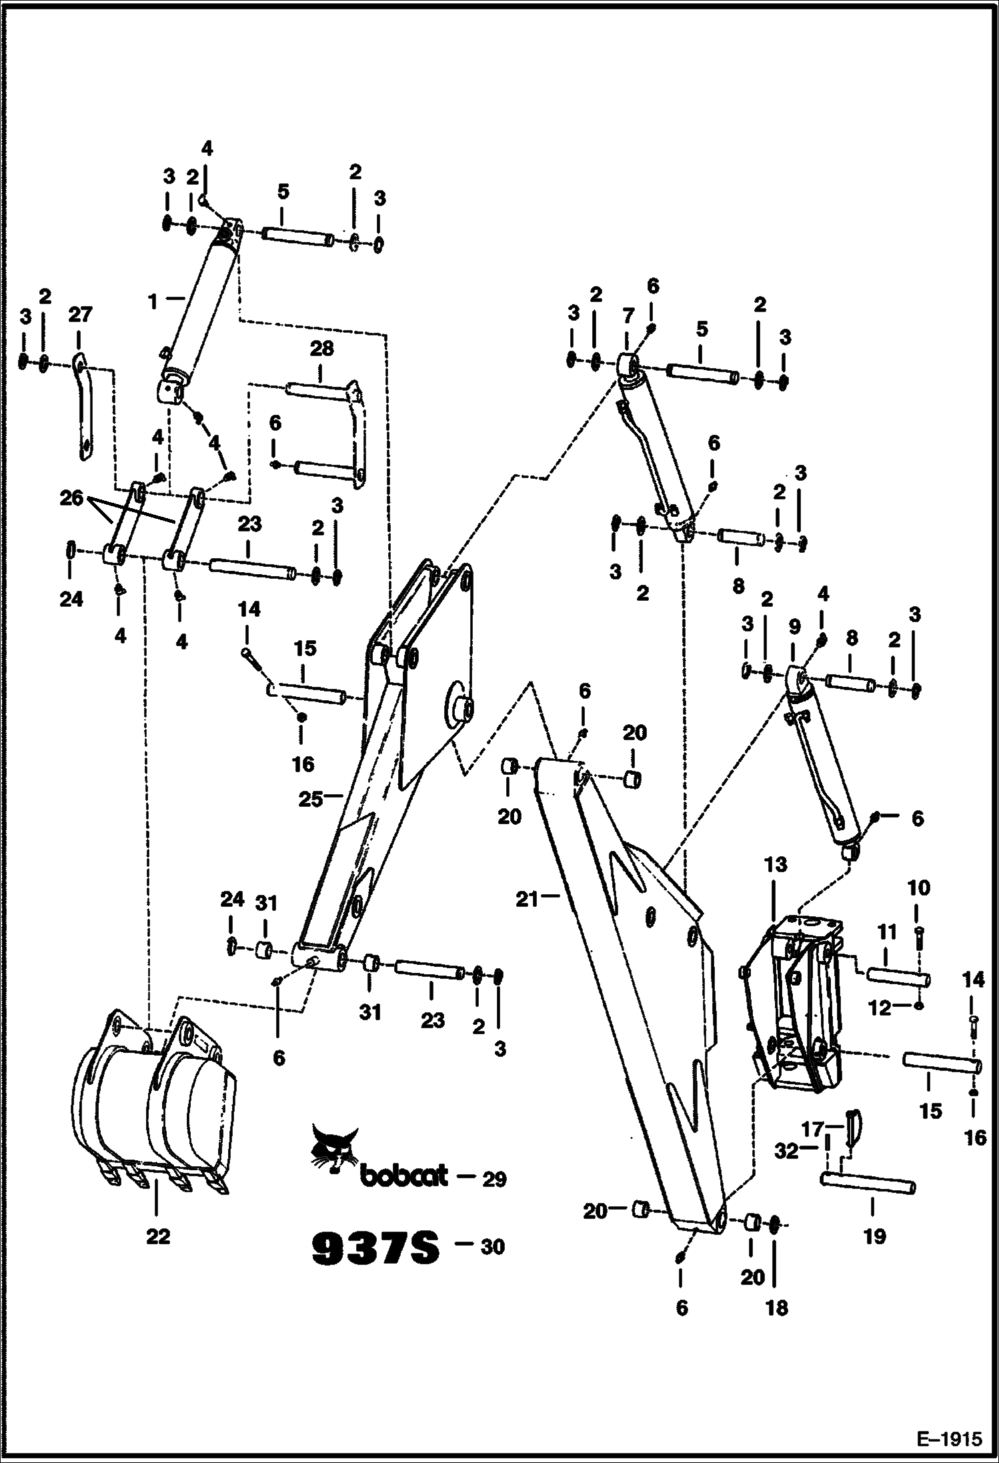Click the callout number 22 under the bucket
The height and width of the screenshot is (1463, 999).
158,1236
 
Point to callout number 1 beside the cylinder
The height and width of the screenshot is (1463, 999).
153,302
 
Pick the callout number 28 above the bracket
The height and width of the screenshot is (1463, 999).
321,349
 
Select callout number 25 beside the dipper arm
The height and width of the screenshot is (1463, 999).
310,798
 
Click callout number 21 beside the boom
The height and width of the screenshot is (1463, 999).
527,899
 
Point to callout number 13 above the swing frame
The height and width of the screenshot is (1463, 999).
776,865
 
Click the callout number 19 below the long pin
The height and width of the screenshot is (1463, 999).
874,1236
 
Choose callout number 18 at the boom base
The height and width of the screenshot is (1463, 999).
777,1308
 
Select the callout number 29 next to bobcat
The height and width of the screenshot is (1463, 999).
494,1179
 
